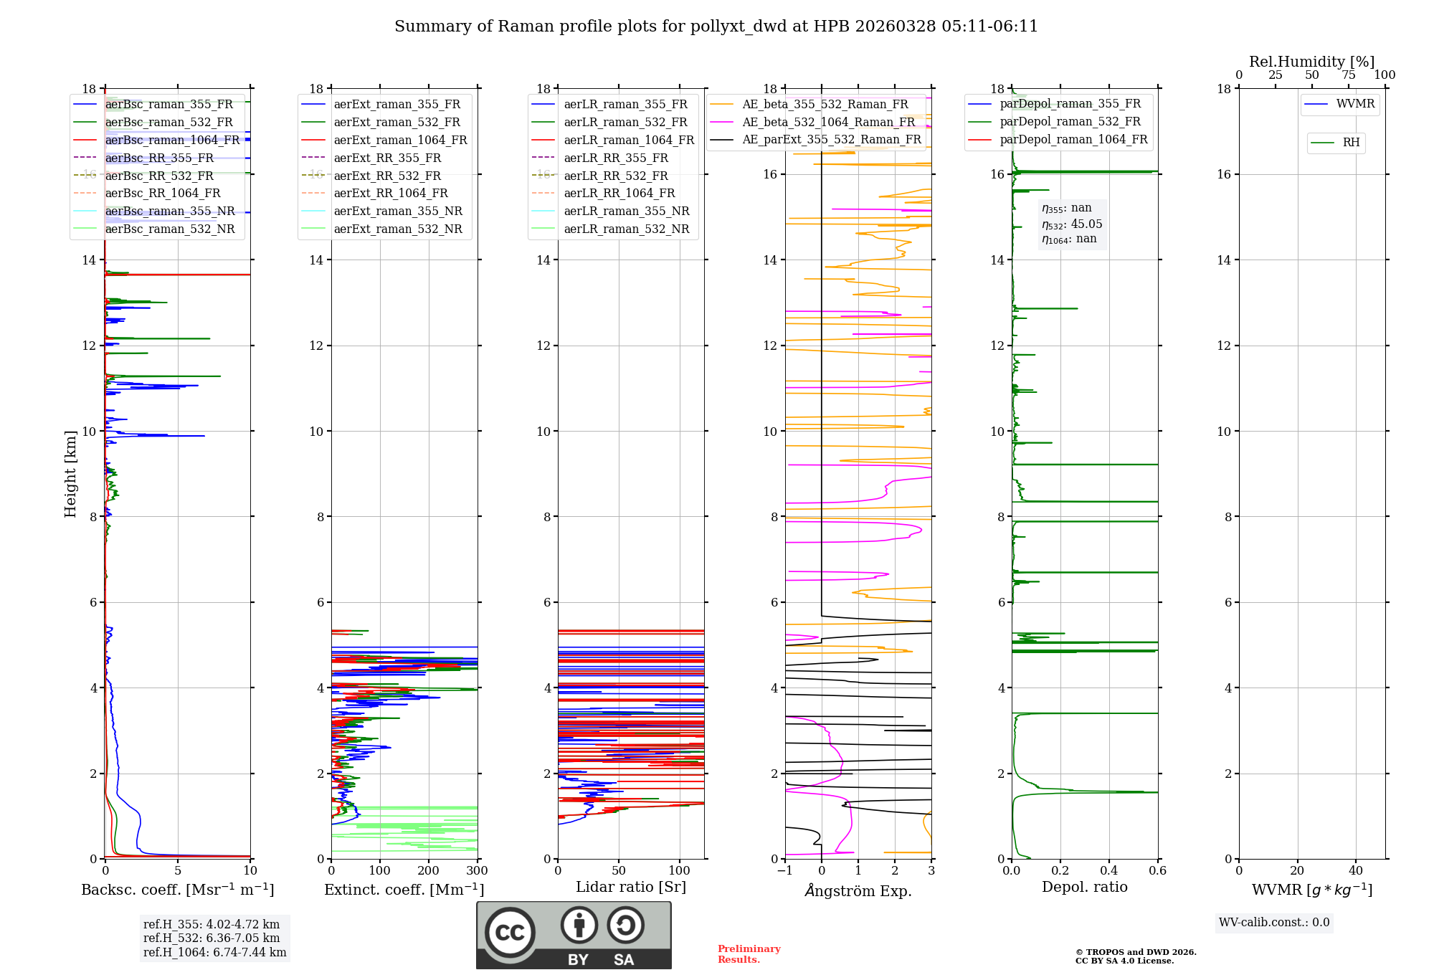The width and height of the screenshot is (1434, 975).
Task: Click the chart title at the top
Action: tap(716, 27)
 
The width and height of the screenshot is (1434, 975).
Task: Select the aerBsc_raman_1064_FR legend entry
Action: tap(172, 140)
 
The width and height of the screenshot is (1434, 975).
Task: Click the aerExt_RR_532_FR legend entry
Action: tap(387, 176)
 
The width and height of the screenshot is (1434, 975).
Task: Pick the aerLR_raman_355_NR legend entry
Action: tap(626, 211)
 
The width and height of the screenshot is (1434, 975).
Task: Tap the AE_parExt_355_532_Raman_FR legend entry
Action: tap(831, 139)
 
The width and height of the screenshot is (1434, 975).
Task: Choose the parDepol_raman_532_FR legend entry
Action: tap(1070, 122)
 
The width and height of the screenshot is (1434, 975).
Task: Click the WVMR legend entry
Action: tap(1354, 104)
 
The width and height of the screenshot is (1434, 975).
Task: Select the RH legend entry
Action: tap(1351, 143)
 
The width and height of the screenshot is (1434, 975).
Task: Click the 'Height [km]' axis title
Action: tap(70, 474)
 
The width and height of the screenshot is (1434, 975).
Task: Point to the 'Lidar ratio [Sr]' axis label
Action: tap(631, 887)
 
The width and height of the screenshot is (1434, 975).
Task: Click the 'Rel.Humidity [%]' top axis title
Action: tap(1311, 62)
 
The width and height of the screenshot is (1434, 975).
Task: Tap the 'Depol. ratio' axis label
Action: tap(1084, 887)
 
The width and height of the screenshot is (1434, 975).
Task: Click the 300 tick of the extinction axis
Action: tap(477, 871)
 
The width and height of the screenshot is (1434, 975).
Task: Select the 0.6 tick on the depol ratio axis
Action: tap(1157, 871)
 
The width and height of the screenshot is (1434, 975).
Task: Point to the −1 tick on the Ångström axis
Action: tap(785, 871)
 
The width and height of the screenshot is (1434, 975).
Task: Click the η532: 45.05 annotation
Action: tap(1072, 224)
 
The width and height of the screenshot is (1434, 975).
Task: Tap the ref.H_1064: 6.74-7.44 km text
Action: tap(214, 952)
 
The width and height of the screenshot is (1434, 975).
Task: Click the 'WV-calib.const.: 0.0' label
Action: tap(1274, 923)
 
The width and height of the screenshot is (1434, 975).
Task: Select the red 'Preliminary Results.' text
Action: tap(749, 954)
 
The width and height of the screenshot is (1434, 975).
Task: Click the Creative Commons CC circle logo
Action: tap(510, 932)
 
